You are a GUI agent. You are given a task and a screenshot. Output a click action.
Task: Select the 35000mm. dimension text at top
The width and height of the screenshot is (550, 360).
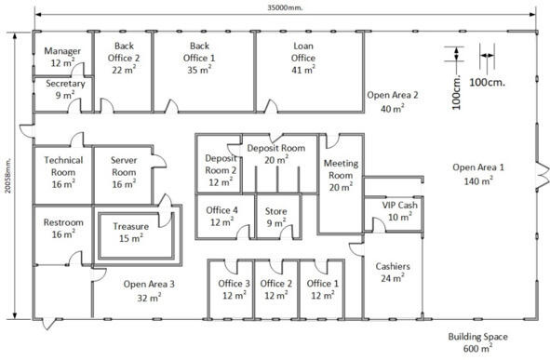tap(285, 7)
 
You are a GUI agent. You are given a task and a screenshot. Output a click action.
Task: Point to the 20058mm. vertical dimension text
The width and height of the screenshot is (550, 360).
tap(8, 175)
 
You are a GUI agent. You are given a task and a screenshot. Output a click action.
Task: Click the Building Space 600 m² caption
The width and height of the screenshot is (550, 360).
tap(477, 342)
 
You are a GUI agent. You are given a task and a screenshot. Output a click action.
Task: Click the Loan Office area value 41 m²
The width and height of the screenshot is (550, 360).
tap(303, 70)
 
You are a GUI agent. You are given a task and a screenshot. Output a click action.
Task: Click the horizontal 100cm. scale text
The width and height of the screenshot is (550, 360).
tap(488, 83)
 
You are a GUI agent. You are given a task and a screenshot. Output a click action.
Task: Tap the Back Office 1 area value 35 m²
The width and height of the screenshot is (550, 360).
tap(199, 70)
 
